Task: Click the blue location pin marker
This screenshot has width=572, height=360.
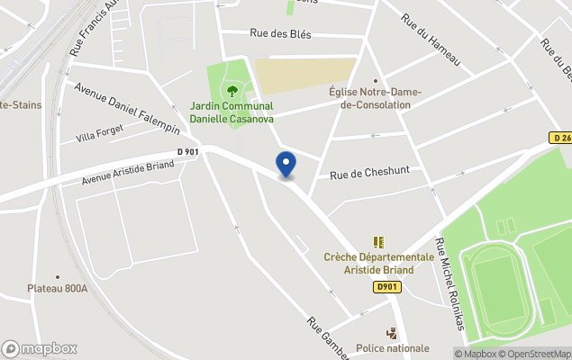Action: tap(286, 164)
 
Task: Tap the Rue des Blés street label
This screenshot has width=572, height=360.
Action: tap(280, 34)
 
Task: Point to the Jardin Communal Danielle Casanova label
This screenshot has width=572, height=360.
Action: tap(232, 112)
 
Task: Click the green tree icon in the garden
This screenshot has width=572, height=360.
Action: tap(232, 90)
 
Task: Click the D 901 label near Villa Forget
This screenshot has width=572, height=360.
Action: tap(187, 152)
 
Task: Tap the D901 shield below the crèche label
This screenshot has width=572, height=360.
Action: tap(386, 287)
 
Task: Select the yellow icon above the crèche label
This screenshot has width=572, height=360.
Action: tap(378, 242)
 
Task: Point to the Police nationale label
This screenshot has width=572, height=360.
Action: tap(393, 347)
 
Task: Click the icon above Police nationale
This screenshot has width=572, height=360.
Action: tap(392, 332)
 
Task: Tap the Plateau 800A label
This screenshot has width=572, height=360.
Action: tap(57, 288)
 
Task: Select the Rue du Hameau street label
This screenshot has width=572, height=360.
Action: tap(431, 40)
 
